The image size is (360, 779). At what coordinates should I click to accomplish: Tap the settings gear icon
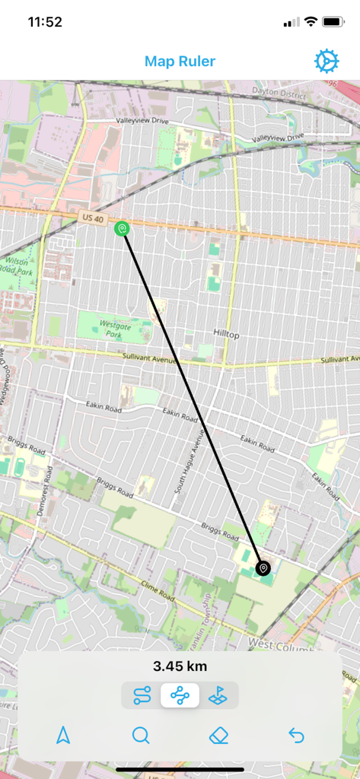pos(327,62)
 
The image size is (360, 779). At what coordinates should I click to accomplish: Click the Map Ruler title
pos(180,62)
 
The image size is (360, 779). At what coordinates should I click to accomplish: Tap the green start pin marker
pos(122,227)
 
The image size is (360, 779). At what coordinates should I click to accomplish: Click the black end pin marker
pos(263,568)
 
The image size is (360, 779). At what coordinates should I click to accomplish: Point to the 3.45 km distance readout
pos(180,667)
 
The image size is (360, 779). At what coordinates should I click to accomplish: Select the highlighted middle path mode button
pos(180,695)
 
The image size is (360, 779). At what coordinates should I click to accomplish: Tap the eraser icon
pos(219,735)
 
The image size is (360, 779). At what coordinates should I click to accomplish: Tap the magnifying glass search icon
pos(141,735)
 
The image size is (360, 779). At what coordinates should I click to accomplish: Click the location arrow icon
pos(63,735)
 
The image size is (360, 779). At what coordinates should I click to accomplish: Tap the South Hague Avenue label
pos(190,460)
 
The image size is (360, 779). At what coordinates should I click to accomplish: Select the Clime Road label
pos(158,591)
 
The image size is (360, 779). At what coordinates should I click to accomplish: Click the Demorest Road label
pos(43,495)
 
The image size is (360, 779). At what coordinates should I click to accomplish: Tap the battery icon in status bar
pos(333,22)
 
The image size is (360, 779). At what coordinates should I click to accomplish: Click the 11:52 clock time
pos(45,22)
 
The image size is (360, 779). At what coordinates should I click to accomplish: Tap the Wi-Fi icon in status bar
pos(311,22)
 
